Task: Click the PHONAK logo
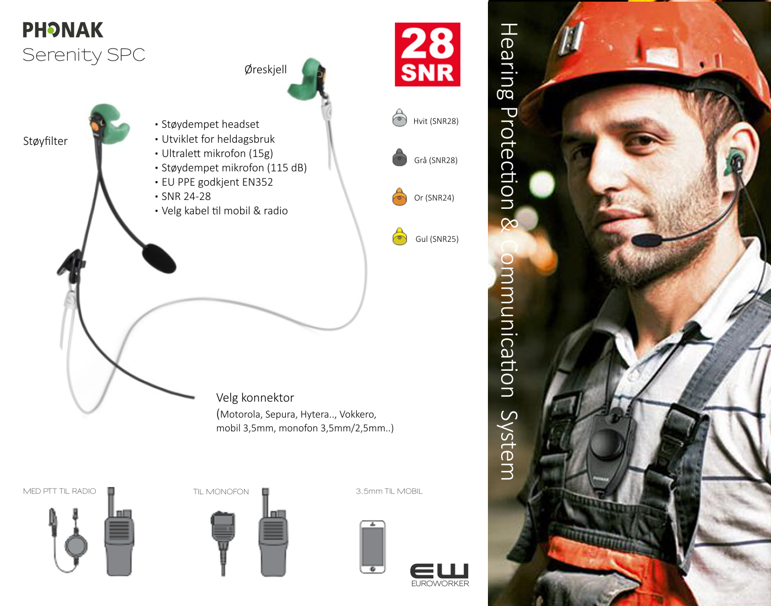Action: point(63,30)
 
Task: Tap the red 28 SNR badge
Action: point(427,55)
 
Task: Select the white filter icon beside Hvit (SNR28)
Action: point(399,118)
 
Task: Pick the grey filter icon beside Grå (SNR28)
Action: point(399,157)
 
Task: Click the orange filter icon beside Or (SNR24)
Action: point(399,197)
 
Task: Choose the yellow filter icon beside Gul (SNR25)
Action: point(399,236)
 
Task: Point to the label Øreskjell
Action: point(265,69)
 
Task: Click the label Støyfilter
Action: point(45,141)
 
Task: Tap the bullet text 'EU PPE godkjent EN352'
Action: point(217,182)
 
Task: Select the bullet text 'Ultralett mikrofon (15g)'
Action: point(217,153)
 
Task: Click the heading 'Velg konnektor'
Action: point(255,398)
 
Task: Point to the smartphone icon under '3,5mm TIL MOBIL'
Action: point(372,547)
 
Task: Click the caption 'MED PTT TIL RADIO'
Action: point(59,491)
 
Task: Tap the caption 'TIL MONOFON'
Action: point(221,491)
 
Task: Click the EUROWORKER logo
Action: point(440,575)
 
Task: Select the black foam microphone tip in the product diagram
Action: point(159,258)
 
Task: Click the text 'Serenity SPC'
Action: point(84,55)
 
